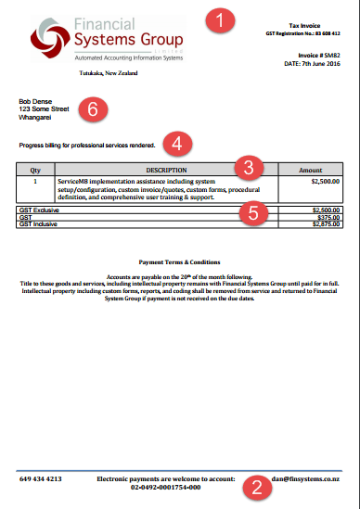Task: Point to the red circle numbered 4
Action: point(177,144)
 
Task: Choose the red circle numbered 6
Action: point(92,108)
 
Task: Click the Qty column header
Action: point(35,171)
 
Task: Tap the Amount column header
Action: point(310,171)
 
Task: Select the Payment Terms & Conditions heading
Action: point(178,262)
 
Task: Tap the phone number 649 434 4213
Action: point(41,479)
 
